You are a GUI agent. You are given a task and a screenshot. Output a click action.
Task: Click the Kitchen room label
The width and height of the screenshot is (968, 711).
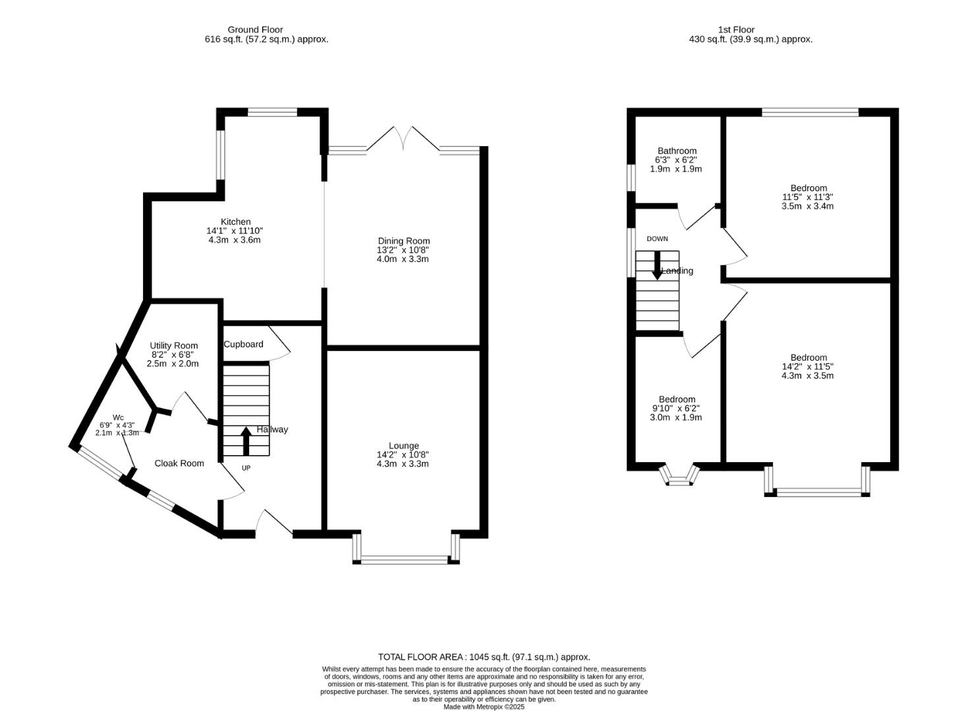(x=235, y=222)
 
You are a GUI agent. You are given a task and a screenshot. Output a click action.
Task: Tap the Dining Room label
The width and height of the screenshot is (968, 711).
(x=403, y=241)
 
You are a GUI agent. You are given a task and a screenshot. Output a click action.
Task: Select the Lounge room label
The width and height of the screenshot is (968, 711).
(x=403, y=446)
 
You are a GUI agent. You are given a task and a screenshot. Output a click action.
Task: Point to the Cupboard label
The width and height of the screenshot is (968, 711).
(x=243, y=344)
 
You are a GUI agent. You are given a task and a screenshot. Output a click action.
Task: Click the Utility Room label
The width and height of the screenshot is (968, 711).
(x=173, y=346)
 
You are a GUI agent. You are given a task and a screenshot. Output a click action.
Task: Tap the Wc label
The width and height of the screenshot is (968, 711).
(x=118, y=417)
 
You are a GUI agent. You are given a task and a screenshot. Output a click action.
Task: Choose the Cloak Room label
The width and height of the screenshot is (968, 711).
(x=179, y=463)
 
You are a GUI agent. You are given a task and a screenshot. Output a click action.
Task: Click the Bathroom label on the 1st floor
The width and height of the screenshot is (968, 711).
(x=677, y=151)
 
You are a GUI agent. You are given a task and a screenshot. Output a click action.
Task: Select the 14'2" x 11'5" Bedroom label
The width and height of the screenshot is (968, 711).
(x=809, y=358)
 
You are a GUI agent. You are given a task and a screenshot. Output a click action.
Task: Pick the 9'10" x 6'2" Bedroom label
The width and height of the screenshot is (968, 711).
(x=677, y=400)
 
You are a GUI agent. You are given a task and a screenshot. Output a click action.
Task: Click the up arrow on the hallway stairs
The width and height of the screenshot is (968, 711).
(x=246, y=440)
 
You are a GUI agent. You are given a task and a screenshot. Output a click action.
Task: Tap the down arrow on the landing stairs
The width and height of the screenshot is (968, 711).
(x=657, y=265)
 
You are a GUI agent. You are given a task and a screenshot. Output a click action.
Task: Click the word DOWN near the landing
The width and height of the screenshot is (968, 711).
(x=657, y=239)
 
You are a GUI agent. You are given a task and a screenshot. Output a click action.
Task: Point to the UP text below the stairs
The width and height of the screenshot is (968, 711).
(x=246, y=468)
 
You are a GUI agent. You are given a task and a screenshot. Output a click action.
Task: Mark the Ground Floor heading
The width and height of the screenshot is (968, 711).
(x=255, y=30)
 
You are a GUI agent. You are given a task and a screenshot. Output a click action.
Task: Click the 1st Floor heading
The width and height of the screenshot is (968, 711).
(x=736, y=30)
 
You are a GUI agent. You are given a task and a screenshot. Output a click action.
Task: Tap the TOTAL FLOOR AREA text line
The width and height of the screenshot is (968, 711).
(x=484, y=657)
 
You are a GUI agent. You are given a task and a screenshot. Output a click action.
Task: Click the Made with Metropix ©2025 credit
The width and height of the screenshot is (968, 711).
(x=484, y=707)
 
